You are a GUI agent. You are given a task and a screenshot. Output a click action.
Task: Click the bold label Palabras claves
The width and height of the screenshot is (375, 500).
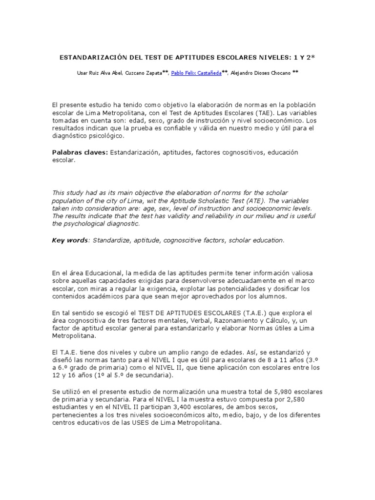tap(80, 153)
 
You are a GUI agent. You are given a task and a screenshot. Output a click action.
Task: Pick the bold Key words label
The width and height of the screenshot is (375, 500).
tap(70, 240)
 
